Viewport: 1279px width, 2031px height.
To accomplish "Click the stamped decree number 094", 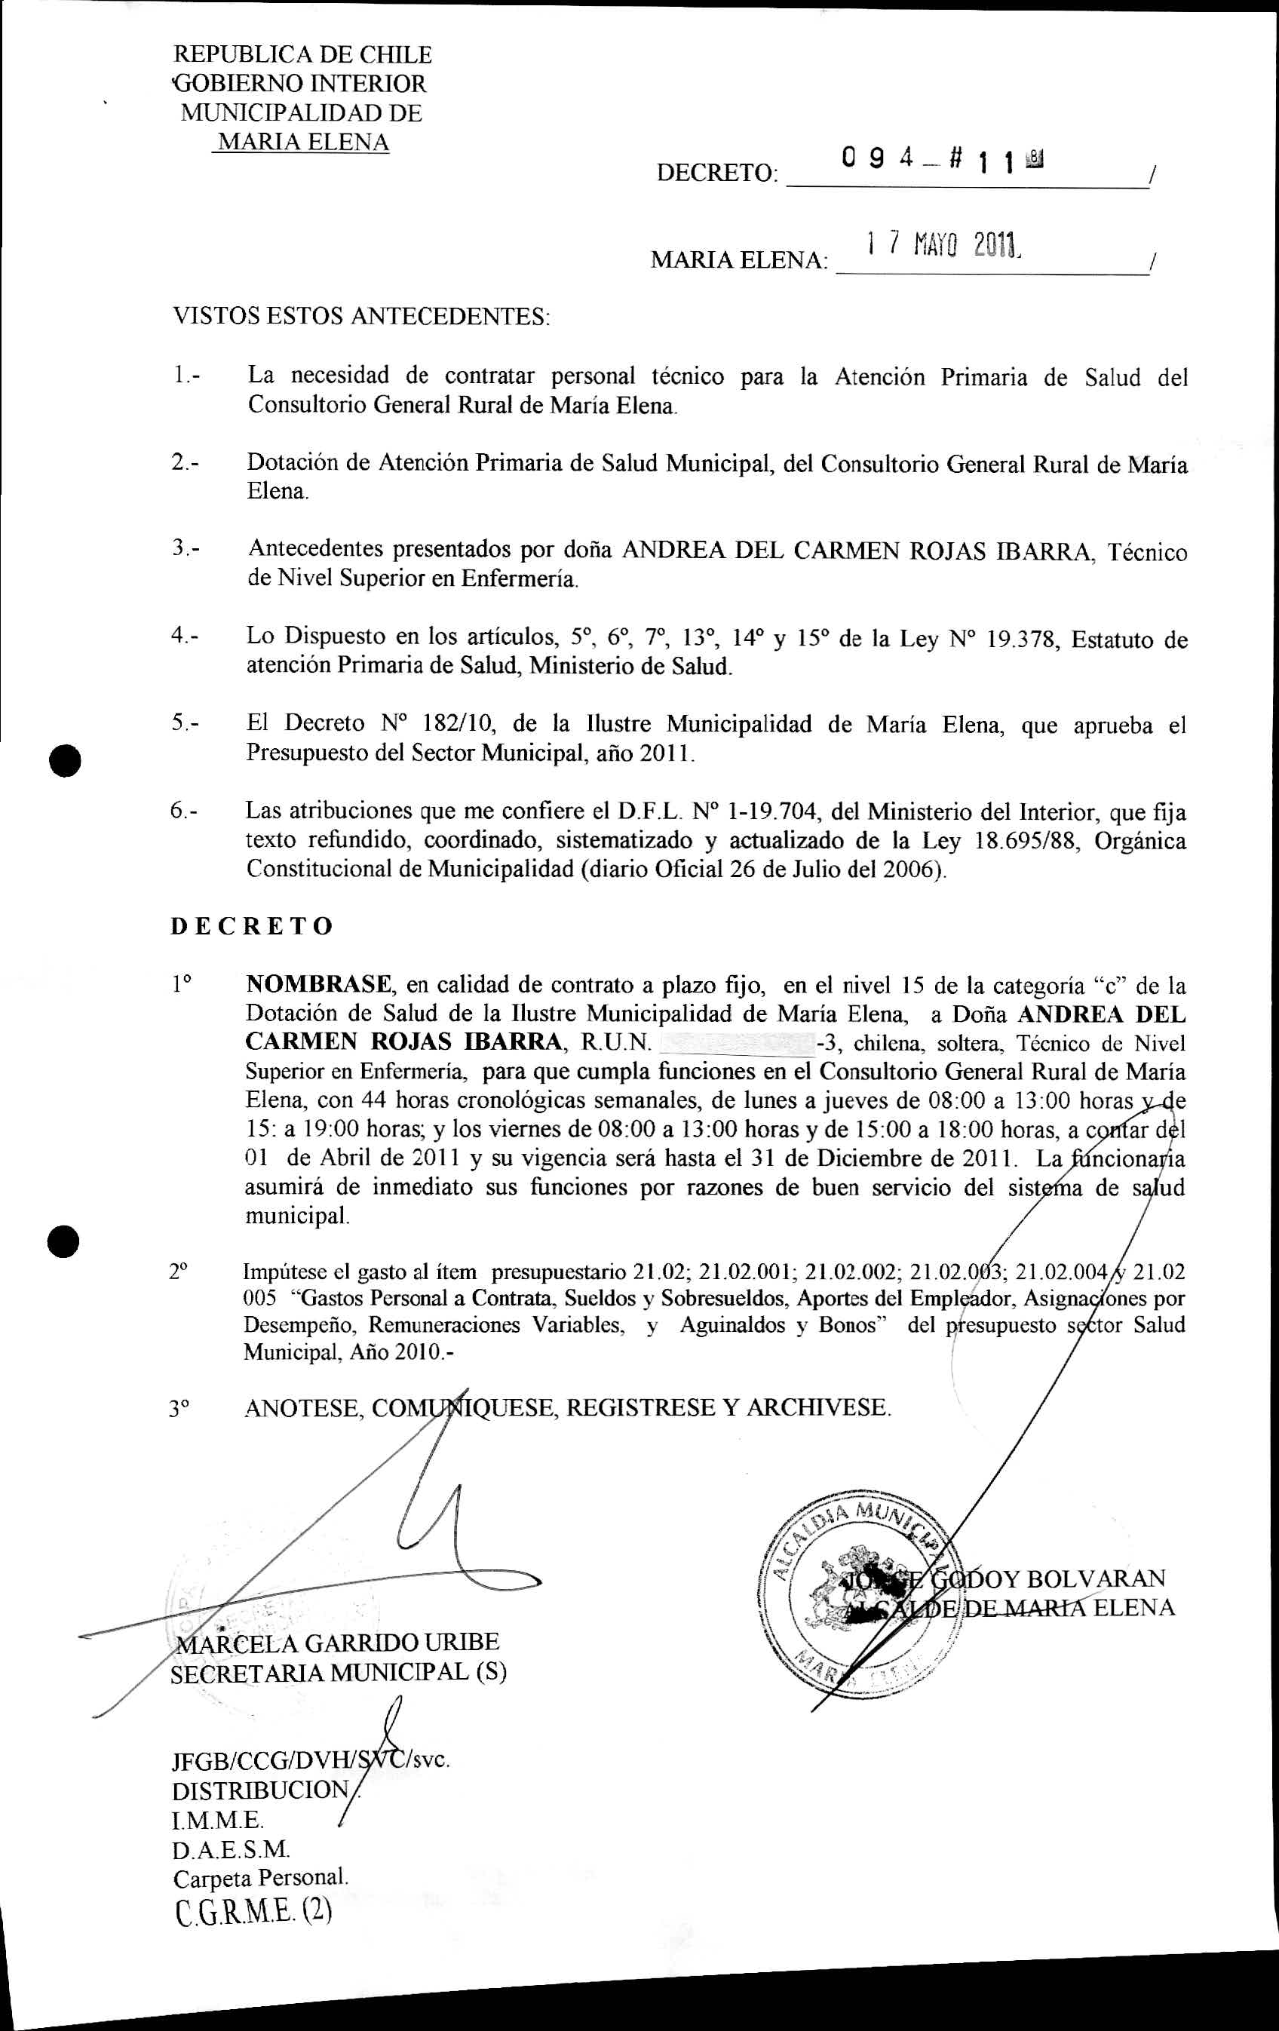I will coord(877,158).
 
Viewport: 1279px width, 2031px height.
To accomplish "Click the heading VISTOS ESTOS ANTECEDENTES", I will coord(361,318).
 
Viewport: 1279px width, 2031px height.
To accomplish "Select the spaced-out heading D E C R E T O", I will coord(252,926).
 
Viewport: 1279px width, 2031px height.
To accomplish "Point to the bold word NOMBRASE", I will coord(319,984).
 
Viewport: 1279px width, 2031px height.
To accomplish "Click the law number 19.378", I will coord(1021,640).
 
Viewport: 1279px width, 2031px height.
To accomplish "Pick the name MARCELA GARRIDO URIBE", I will coord(336,1643).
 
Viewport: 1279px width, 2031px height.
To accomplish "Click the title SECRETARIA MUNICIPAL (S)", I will coord(338,1673).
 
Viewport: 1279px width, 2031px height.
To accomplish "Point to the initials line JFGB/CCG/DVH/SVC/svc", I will coord(310,1761).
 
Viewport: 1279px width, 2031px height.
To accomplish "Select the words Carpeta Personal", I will coord(260,1877).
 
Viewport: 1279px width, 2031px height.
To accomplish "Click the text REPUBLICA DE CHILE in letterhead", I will coord(302,55).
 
